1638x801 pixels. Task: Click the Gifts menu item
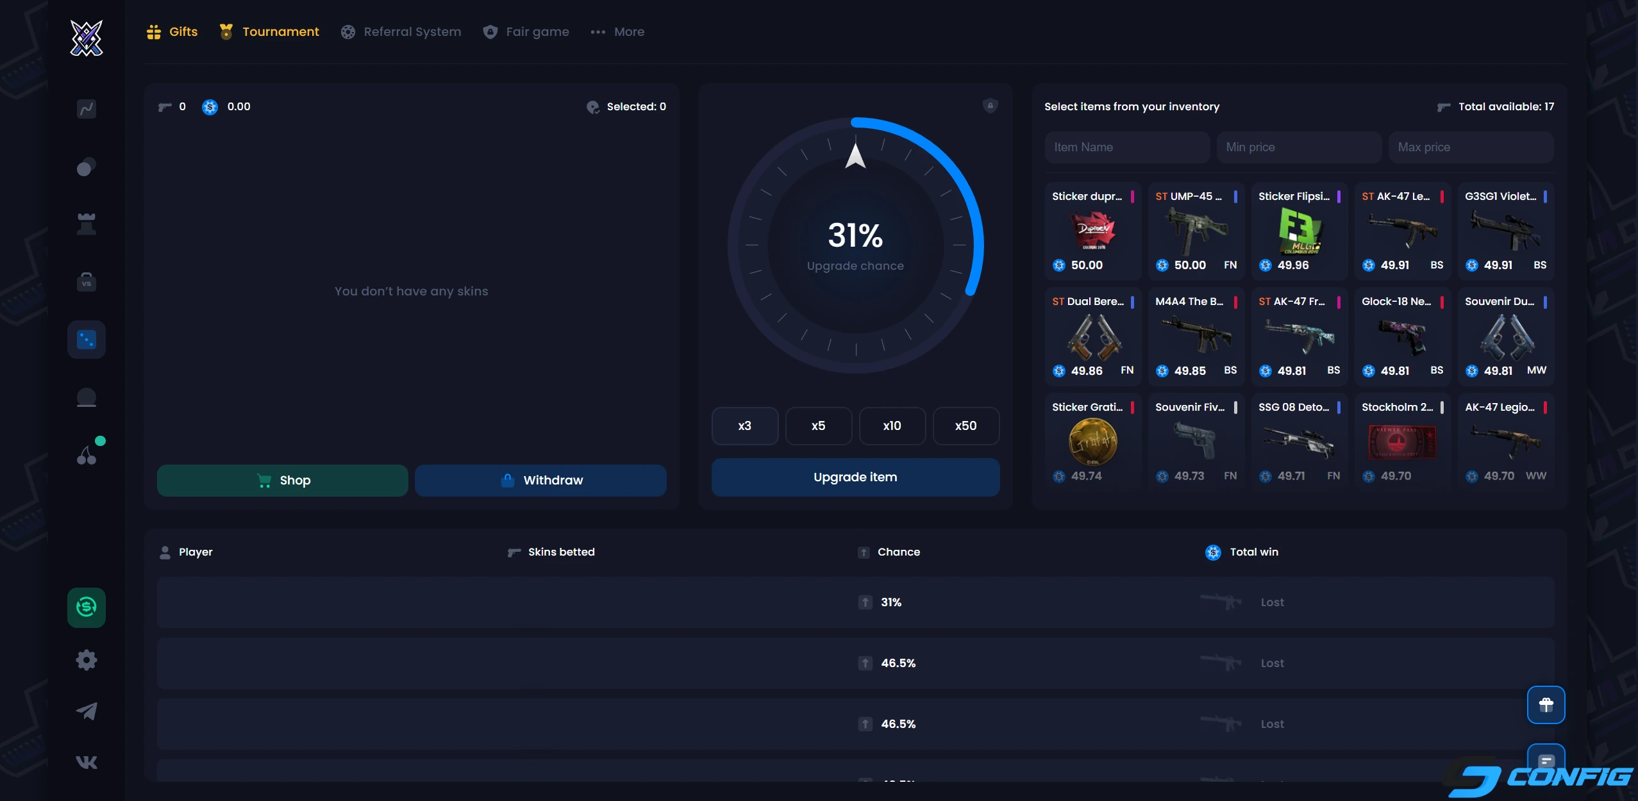(172, 32)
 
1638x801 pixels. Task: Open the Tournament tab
(269, 32)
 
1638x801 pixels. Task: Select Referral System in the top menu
(401, 32)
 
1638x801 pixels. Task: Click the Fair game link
(526, 32)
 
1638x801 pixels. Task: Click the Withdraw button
(540, 480)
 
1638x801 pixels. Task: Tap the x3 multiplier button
(744, 426)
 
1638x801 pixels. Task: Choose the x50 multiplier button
(965, 426)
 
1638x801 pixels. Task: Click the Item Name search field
(1127, 147)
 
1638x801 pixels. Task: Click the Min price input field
(1298, 147)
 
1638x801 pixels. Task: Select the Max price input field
(1470, 147)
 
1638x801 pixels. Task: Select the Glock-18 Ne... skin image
(1403, 336)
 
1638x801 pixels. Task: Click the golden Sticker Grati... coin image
(1093, 442)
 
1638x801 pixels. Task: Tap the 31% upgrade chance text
(855, 235)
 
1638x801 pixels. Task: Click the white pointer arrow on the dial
(855, 156)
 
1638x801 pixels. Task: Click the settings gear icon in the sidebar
(87, 660)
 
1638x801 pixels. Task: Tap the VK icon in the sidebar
(87, 762)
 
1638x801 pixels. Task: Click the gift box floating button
(1546, 705)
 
